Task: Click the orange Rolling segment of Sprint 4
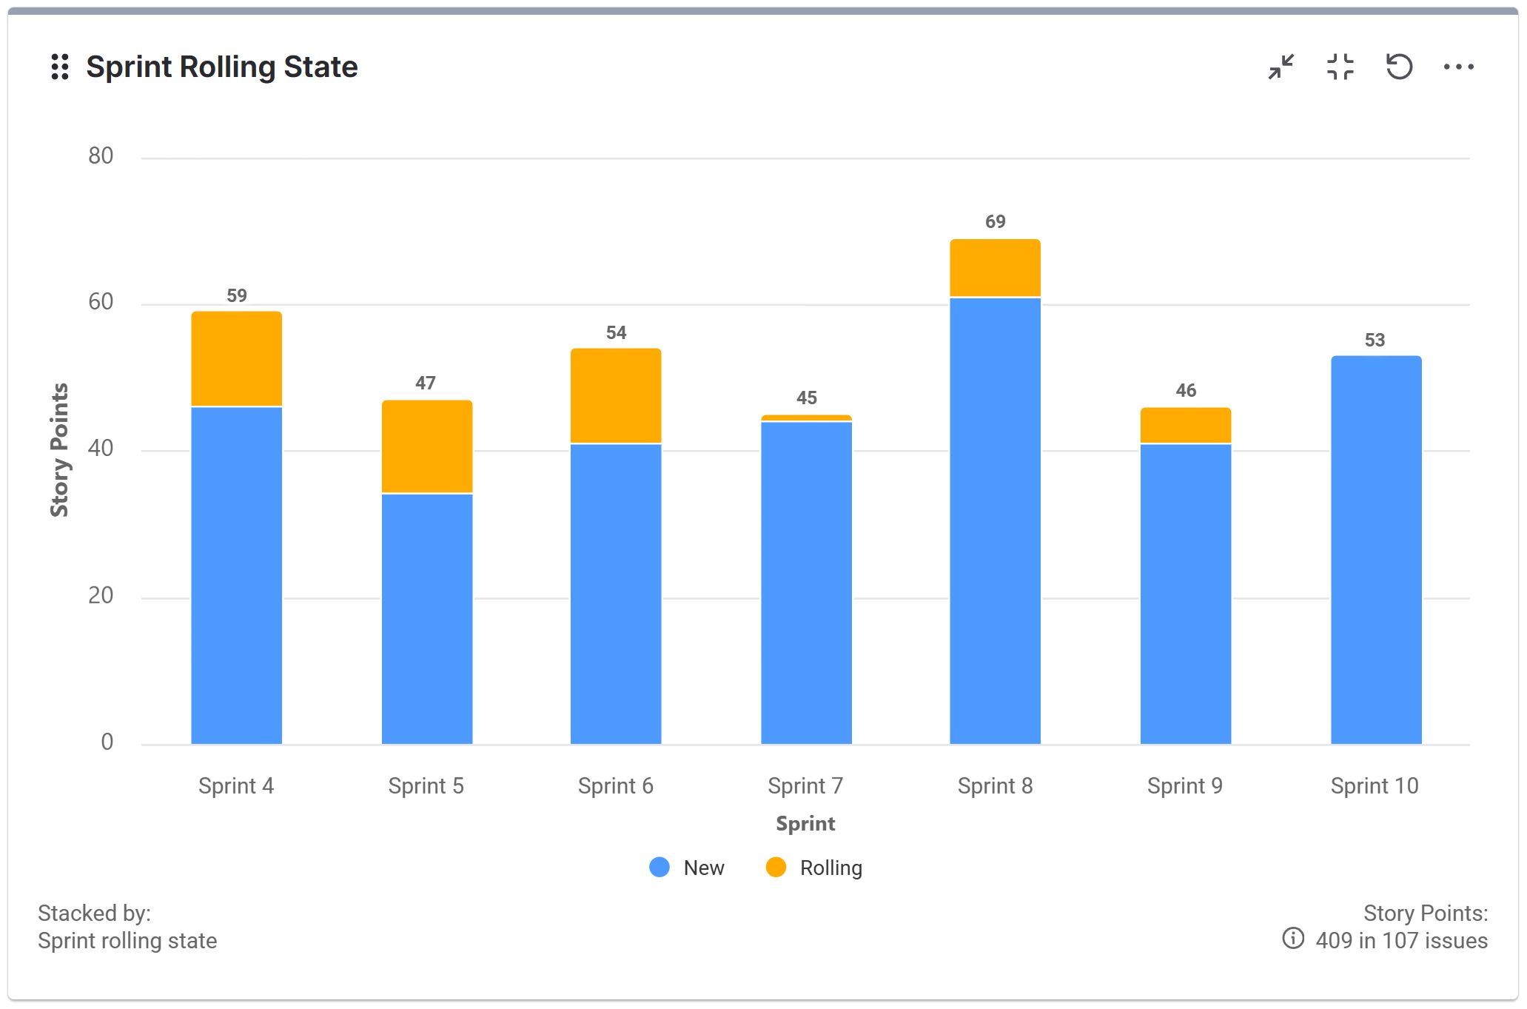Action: coord(236,359)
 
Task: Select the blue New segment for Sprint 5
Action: coord(426,618)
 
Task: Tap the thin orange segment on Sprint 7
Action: coord(806,418)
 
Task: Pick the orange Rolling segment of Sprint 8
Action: coord(995,268)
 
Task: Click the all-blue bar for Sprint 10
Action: coord(1375,549)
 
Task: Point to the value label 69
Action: coord(995,221)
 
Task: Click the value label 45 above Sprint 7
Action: coord(806,398)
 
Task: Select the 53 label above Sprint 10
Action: coord(1375,340)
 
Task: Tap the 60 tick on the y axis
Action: coord(101,302)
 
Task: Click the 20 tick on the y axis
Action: coord(101,595)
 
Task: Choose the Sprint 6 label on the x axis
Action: coord(615,785)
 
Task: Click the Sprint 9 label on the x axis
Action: coord(1184,785)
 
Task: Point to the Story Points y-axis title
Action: coord(59,449)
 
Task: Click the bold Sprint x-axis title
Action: coord(805,823)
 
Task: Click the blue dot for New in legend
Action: coord(659,867)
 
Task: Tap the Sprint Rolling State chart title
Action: coord(221,67)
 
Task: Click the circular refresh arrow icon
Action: coord(1399,67)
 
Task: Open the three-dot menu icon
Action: coord(1458,67)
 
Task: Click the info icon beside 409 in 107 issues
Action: coord(1292,939)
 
